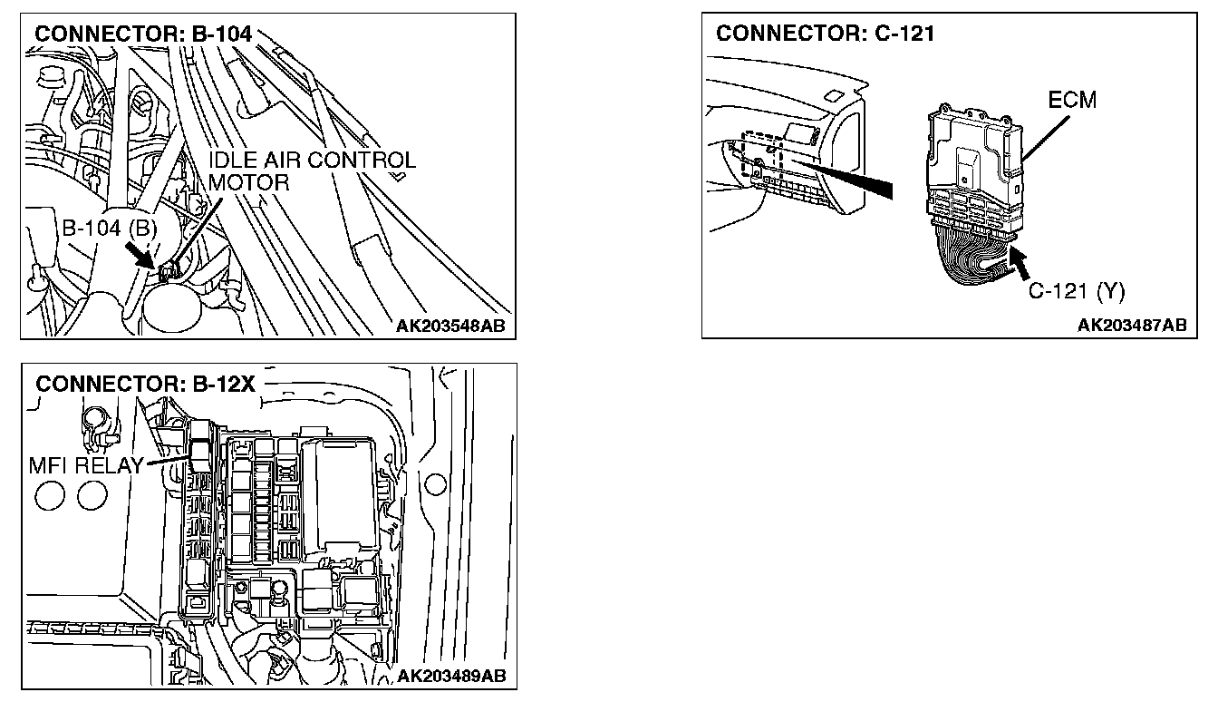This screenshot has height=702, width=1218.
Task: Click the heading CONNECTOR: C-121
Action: [x=825, y=34]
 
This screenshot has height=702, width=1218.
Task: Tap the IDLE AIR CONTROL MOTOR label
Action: [x=312, y=171]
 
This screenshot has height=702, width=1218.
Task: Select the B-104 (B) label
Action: [x=110, y=229]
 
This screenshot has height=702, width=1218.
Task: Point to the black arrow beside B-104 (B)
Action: [x=143, y=257]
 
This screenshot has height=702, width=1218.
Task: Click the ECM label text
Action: [x=1071, y=101]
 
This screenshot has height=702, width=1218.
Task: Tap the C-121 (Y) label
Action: [x=1077, y=291]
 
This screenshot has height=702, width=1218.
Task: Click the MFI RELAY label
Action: [x=86, y=466]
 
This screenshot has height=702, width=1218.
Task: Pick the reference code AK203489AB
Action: [x=451, y=676]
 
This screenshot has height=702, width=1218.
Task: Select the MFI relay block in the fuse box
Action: [x=199, y=449]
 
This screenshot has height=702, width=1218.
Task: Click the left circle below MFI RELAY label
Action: [x=48, y=494]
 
